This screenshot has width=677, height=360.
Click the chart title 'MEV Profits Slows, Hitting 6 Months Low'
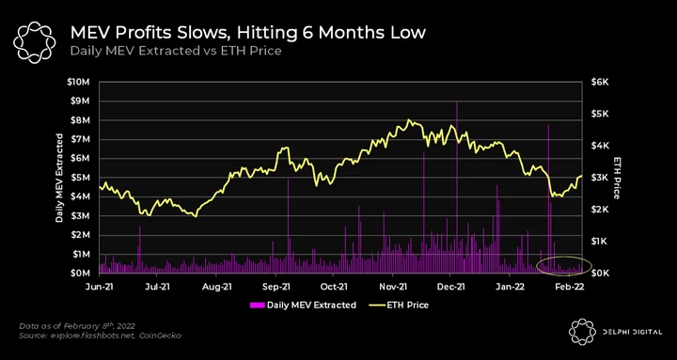[248, 33]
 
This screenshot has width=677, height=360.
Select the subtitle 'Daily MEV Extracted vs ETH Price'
[176, 51]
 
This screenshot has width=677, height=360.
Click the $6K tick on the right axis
[599, 82]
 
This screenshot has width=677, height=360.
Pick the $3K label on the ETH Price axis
[599, 178]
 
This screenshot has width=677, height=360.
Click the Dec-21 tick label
[450, 286]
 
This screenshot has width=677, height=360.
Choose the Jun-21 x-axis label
[100, 286]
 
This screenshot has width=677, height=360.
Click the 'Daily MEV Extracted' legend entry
[303, 305]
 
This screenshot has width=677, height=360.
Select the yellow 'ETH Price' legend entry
[399, 305]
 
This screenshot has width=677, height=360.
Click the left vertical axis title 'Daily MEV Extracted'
[59, 178]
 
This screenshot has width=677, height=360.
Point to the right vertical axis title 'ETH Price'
[617, 178]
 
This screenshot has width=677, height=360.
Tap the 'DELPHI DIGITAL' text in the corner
[631, 332]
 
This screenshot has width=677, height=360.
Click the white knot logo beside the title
[35, 41]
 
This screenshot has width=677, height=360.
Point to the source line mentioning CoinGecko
[101, 336]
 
